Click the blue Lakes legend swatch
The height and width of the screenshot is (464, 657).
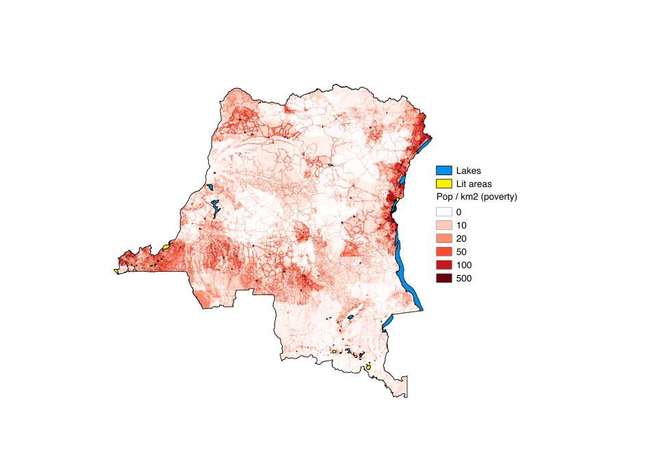(444, 170)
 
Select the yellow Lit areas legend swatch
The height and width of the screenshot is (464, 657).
(444, 183)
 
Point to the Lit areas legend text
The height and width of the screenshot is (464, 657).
(474, 184)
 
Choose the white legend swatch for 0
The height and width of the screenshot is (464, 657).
(444, 212)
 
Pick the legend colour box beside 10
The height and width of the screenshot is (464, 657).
(444, 225)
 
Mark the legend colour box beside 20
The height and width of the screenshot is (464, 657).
(444, 238)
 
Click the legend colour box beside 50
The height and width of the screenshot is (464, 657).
(444, 251)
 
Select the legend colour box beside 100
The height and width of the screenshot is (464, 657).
(444, 264)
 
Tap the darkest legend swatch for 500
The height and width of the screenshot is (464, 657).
(444, 278)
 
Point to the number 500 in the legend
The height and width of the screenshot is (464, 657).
(464, 278)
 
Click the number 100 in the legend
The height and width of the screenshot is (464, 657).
(464, 265)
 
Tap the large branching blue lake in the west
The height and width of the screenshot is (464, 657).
(216, 207)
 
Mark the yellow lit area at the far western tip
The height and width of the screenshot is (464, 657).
(116, 271)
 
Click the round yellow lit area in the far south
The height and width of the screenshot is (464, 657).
(368, 368)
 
